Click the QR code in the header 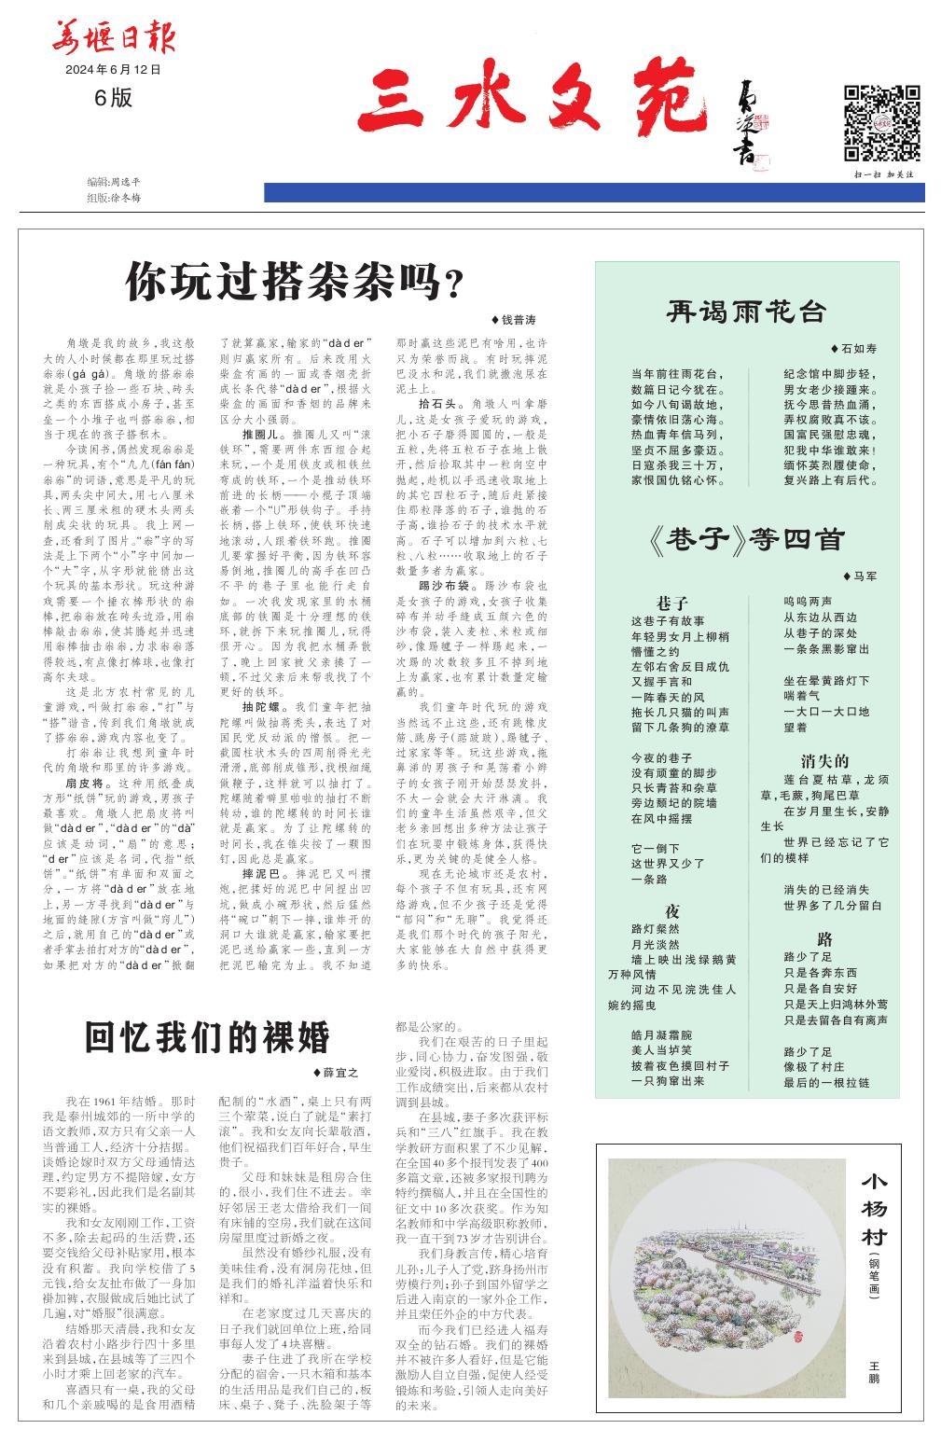click(881, 123)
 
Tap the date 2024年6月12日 click(113, 70)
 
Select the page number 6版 click(113, 97)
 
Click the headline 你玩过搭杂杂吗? click(295, 279)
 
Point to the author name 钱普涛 click(518, 320)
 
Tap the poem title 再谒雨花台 click(747, 312)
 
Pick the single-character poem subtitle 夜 click(671, 910)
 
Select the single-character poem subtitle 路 click(824, 938)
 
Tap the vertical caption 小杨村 click(874, 1212)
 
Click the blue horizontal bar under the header click(594, 192)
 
